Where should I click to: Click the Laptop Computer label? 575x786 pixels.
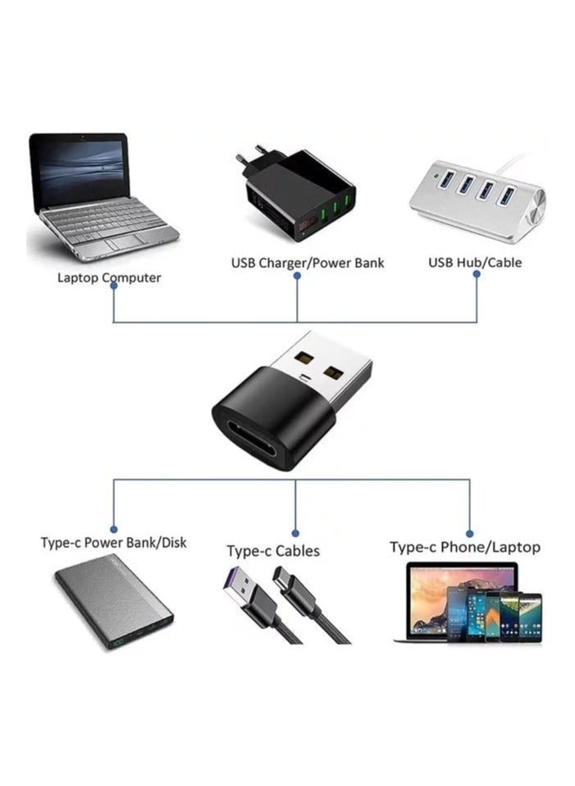pos(109,278)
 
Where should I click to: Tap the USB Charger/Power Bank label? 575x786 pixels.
pos(307,263)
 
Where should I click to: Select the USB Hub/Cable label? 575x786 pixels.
pos(475,263)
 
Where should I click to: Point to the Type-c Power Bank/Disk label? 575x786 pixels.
pos(113,543)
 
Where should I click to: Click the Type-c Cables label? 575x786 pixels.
pos(273,551)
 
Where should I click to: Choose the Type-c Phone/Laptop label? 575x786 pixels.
pos(464,547)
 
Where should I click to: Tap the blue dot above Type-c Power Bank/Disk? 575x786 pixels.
pos(113,530)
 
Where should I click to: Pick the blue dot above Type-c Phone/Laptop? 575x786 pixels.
pos(470,533)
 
